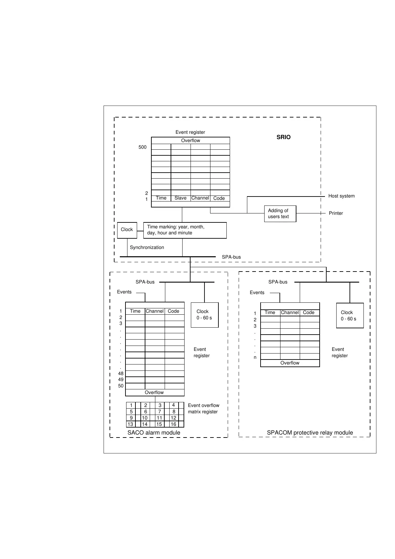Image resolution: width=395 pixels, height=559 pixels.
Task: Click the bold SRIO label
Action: [x=283, y=137]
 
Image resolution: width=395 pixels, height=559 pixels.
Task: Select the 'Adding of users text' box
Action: [x=280, y=213]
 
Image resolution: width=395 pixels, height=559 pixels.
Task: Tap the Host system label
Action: [x=341, y=196]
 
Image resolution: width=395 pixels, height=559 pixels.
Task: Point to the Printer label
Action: [x=336, y=213]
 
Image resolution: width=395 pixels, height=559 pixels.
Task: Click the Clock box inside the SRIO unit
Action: [x=127, y=230]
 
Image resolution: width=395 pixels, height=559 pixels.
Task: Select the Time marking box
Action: [x=185, y=230]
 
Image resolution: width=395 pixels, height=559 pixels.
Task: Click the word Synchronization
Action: [x=147, y=247]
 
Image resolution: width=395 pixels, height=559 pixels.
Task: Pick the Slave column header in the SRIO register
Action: [x=180, y=198]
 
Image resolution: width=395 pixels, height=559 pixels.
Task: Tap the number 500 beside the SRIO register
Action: [x=142, y=147]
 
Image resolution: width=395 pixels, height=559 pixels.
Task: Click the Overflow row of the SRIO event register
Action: [x=191, y=140]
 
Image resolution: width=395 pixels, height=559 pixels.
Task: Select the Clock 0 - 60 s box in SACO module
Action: [x=204, y=315]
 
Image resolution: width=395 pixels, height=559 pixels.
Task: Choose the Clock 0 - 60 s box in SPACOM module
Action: [x=350, y=316]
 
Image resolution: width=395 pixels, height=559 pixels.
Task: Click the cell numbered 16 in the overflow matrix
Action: [x=173, y=424]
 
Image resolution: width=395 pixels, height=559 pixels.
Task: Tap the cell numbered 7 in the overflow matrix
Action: [x=159, y=412]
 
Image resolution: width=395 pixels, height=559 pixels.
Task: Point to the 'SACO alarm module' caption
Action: [x=154, y=433]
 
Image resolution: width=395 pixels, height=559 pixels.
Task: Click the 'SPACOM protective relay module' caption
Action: [x=310, y=433]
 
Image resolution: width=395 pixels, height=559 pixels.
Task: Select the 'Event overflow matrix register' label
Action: [x=203, y=409]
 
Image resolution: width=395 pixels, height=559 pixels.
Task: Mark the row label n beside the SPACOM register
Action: [x=255, y=358]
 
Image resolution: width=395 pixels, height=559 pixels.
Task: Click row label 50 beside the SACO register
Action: [x=121, y=386]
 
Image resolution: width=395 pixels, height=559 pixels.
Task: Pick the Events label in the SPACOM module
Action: [x=257, y=292]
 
